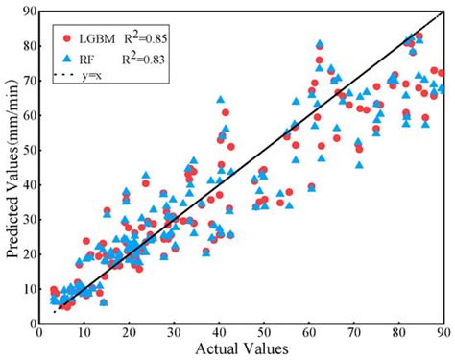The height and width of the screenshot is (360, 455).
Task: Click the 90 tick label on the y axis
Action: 28,12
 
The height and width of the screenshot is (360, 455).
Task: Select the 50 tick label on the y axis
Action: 28,150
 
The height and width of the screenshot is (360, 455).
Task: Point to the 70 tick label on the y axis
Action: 28,81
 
